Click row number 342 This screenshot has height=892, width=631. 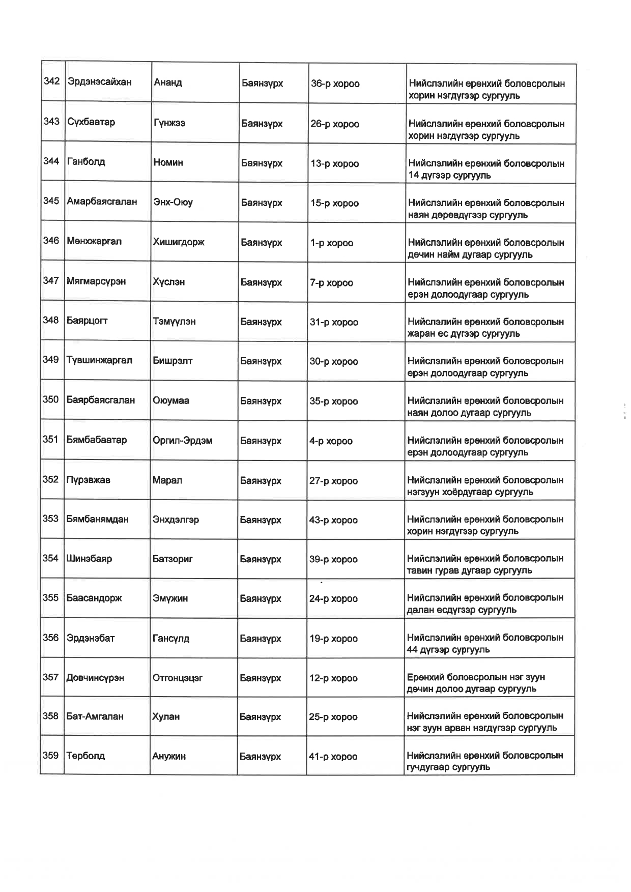(52, 81)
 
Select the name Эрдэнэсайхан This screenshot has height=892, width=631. (99, 82)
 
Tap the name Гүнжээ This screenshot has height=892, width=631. (169, 123)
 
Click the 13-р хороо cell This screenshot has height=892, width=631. (334, 164)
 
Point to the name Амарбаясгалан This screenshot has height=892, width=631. (102, 202)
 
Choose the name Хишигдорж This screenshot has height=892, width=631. (179, 242)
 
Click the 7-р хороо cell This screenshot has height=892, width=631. (331, 283)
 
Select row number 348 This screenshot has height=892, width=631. (51, 320)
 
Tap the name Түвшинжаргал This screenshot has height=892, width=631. (99, 360)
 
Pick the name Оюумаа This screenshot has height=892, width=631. (171, 400)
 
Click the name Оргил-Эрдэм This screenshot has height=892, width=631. (182, 441)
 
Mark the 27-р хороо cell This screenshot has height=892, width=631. (333, 481)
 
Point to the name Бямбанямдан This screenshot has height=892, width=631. (97, 520)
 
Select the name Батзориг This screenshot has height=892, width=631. (173, 559)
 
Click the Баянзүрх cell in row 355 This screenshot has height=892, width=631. (261, 599)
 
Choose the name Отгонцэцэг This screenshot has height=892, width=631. (178, 678)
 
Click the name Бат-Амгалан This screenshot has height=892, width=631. (95, 716)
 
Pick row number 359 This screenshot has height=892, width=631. (50, 756)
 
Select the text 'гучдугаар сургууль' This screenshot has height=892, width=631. (448, 767)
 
